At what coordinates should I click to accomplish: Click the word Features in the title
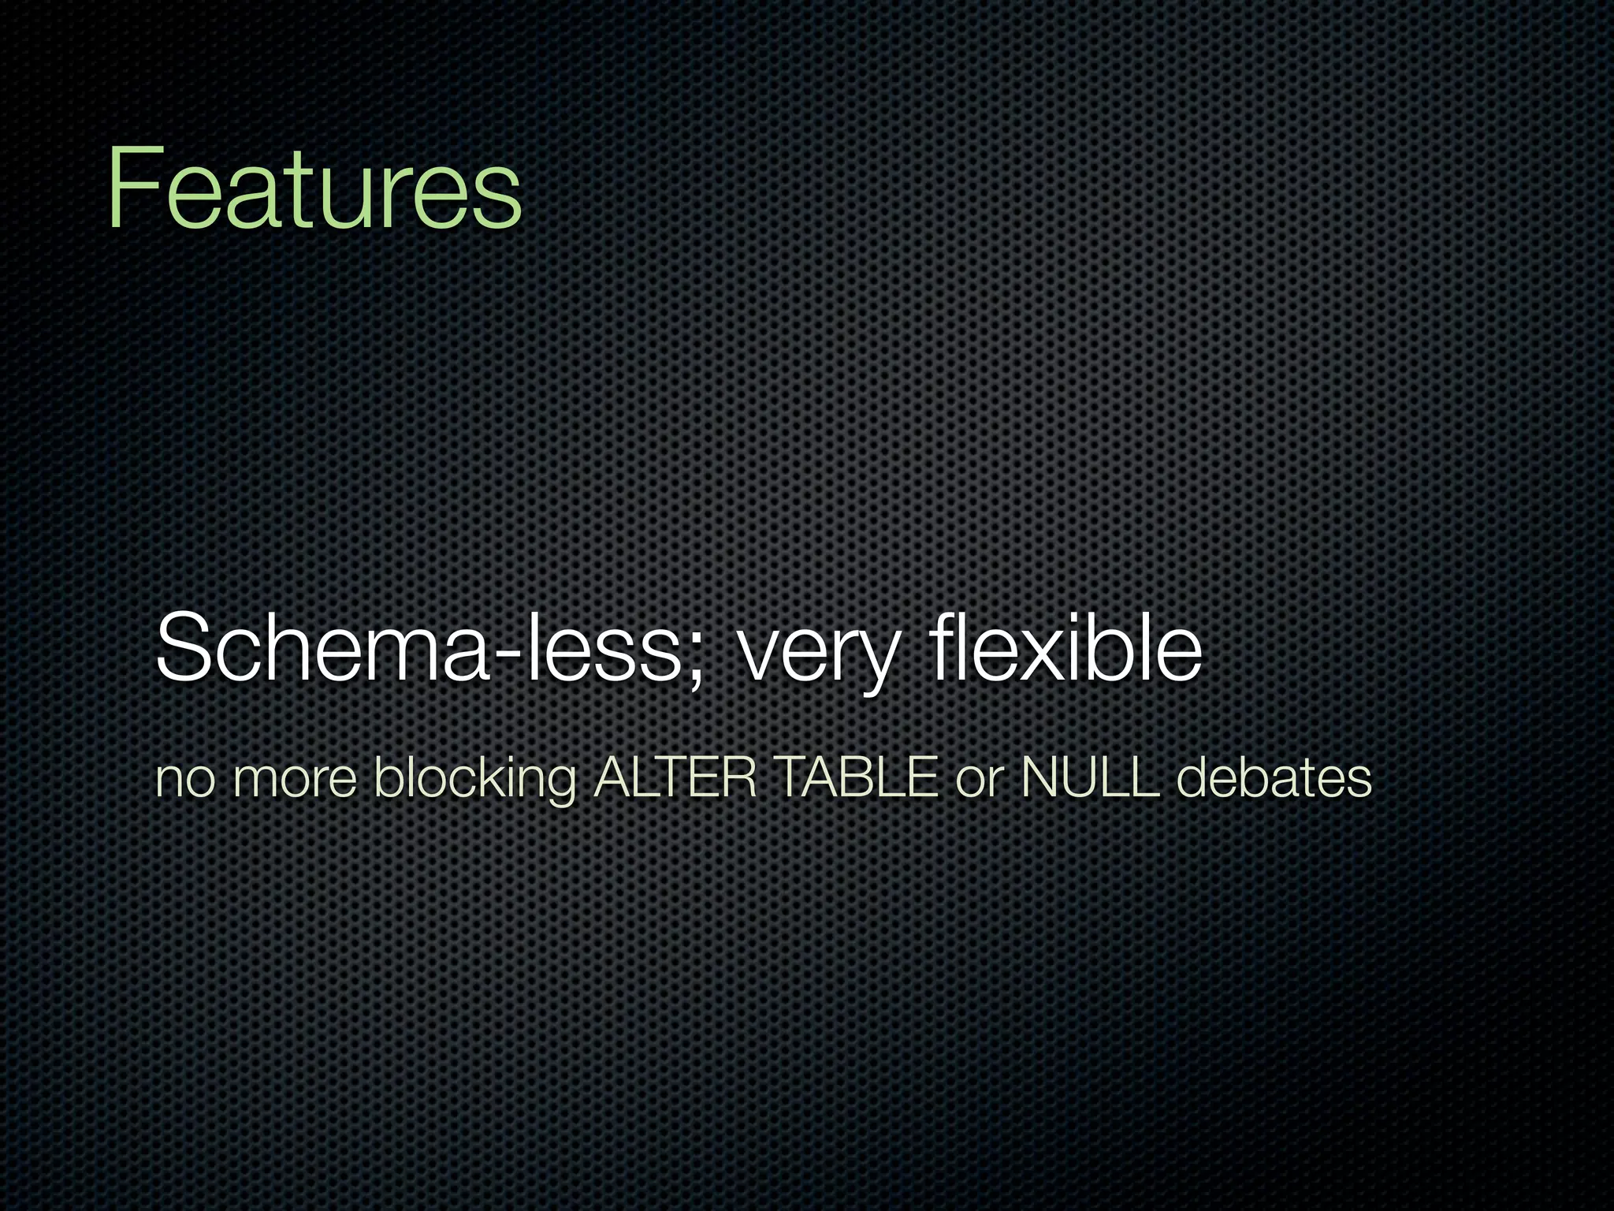[x=314, y=189]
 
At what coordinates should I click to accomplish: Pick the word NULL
[x=1090, y=777]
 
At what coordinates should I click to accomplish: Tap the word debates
[x=1274, y=777]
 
